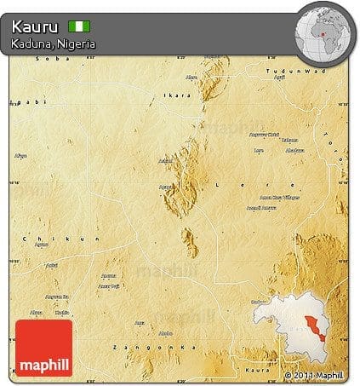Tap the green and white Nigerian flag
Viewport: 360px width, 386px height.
(78, 26)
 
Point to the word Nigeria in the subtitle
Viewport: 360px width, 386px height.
(77, 43)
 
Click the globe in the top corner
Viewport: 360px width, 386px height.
(325, 33)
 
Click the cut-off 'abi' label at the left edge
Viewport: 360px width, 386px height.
(14, 102)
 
